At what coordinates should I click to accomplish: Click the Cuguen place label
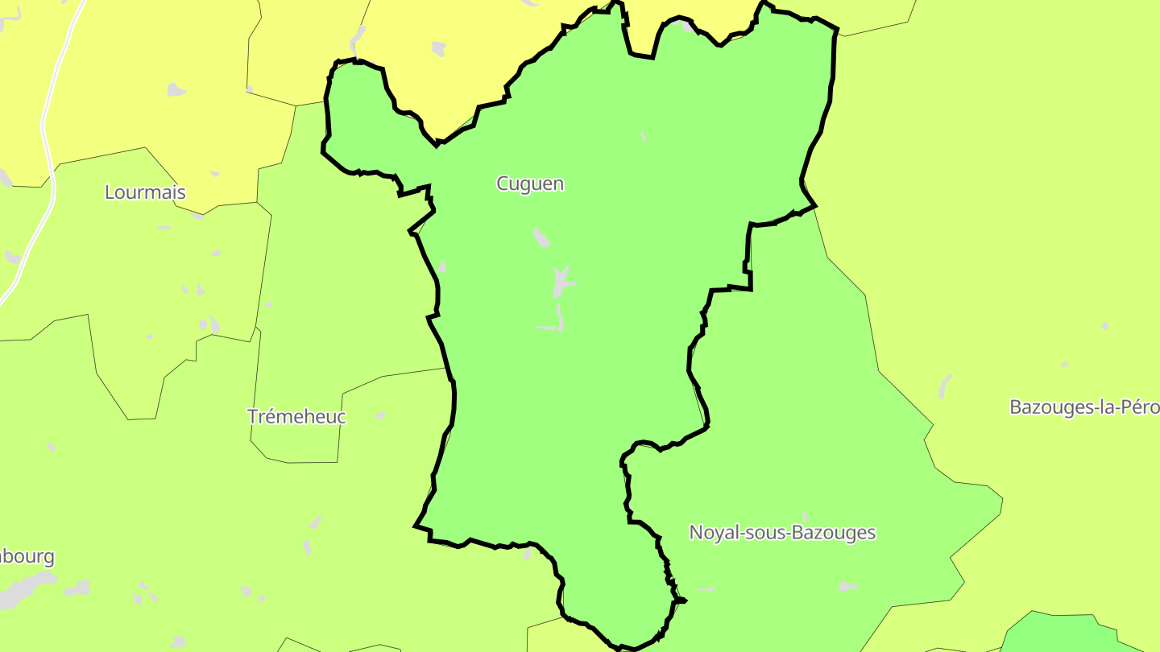click(x=530, y=184)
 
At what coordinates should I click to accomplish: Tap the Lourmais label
click(x=145, y=192)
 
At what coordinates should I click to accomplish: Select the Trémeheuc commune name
click(x=296, y=416)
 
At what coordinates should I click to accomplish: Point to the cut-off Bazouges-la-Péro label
click(x=1083, y=406)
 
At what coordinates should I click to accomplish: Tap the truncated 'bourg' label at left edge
click(x=27, y=556)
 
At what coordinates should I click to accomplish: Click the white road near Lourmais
click(x=47, y=145)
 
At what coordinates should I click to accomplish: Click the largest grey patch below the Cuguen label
click(x=561, y=283)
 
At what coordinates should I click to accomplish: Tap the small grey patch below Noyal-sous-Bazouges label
click(x=846, y=586)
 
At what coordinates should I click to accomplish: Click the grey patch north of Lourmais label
click(x=176, y=89)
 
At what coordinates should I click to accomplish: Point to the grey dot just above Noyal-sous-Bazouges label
click(x=806, y=516)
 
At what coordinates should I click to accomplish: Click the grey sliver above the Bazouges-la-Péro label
click(x=944, y=386)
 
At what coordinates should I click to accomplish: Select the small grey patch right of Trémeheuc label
click(x=380, y=415)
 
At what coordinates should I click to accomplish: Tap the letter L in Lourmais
click(x=110, y=192)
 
